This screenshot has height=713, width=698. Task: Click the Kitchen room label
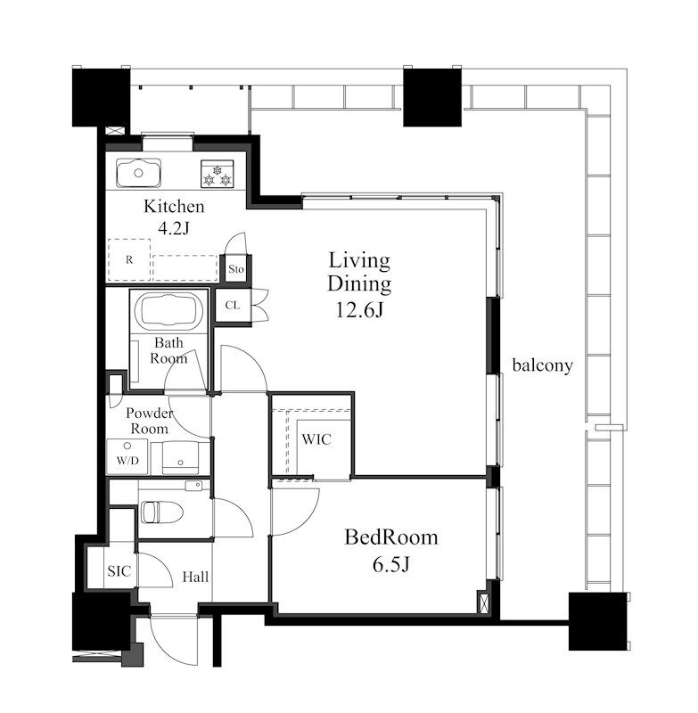pyautogui.click(x=174, y=207)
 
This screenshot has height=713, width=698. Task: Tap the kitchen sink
pyautogui.click(x=139, y=173)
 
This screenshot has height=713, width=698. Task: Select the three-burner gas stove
pyautogui.click(x=218, y=174)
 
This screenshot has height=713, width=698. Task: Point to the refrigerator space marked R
pyautogui.click(x=129, y=259)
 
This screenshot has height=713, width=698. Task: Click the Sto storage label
pyautogui.click(x=236, y=269)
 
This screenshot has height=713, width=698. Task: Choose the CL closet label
pyautogui.click(x=233, y=305)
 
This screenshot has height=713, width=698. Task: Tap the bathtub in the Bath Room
pyautogui.click(x=168, y=311)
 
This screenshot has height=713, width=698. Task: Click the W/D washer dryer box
pyautogui.click(x=127, y=456)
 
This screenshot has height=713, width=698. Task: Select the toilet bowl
pyautogui.click(x=161, y=512)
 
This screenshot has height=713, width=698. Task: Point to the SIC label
pyautogui.click(x=119, y=571)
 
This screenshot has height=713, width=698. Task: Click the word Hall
pyautogui.click(x=195, y=577)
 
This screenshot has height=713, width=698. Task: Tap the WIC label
pyautogui.click(x=316, y=439)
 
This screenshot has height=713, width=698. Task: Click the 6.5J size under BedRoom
pyautogui.click(x=391, y=565)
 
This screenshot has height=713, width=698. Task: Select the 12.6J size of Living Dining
pyautogui.click(x=359, y=310)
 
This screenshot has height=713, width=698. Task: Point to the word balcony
pyautogui.click(x=543, y=365)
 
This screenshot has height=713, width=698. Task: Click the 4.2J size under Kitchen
pyautogui.click(x=173, y=228)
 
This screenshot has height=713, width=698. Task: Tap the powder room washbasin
pyautogui.click(x=181, y=457)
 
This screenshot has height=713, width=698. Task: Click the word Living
pyautogui.click(x=359, y=261)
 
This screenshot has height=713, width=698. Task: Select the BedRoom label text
pyautogui.click(x=391, y=537)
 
